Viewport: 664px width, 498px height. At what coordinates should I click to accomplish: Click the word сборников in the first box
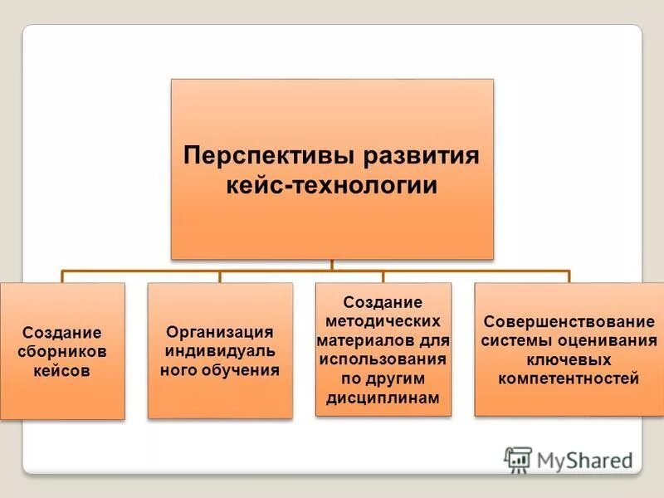click(x=62, y=351)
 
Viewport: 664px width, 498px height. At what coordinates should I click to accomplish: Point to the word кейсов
click(x=62, y=370)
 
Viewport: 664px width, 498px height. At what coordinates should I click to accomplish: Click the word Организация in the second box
click(x=220, y=331)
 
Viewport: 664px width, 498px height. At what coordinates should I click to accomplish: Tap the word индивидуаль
click(x=220, y=350)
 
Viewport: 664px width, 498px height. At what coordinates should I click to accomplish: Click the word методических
click(x=383, y=321)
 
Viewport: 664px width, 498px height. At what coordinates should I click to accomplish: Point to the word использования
click(x=383, y=359)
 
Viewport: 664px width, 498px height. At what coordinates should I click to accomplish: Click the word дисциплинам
click(x=383, y=398)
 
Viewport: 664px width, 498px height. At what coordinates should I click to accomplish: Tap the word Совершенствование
click(x=569, y=321)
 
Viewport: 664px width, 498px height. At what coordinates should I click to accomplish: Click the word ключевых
click(x=569, y=360)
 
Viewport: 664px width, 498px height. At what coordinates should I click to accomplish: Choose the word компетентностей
click(x=569, y=379)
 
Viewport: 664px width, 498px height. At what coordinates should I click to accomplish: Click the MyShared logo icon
click(x=518, y=459)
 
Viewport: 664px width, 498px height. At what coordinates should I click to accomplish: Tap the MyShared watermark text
click(x=584, y=460)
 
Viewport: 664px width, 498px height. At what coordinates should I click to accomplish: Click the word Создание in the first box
click(x=62, y=332)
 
